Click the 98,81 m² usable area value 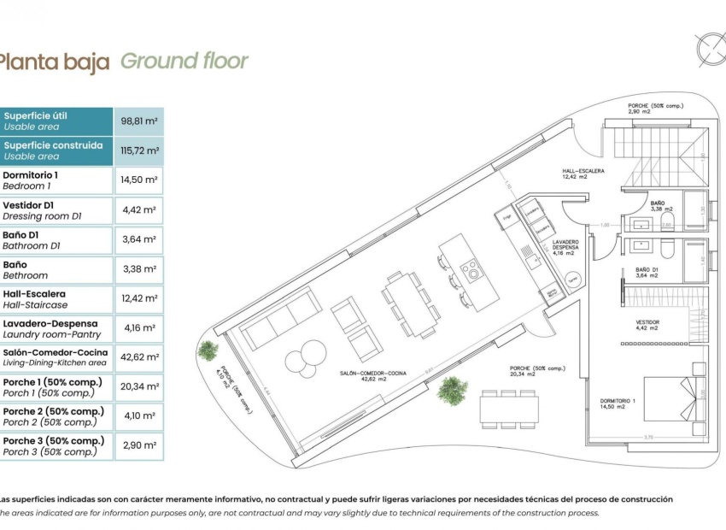coord(138,121)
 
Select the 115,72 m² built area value coord(138,150)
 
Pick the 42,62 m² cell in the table coord(138,357)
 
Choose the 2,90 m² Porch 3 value coord(138,446)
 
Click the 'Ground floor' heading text coord(184,61)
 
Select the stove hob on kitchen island coord(471,272)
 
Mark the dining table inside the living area coord(410,298)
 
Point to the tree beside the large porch coord(452,390)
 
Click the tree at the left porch coord(207,350)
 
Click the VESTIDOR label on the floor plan coord(647,324)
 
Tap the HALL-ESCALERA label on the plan coord(583,174)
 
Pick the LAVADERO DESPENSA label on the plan coord(565,246)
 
